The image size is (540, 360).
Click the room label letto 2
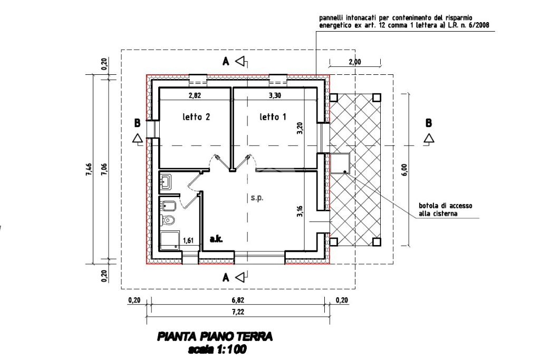click(x=197, y=118)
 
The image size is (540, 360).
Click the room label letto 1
click(x=273, y=117)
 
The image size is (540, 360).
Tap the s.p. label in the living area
click(x=257, y=198)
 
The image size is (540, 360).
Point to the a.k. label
click(x=216, y=239)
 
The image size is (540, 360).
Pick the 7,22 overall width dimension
click(x=238, y=312)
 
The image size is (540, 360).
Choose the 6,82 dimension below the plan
click(x=238, y=300)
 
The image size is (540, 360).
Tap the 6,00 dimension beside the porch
click(x=404, y=170)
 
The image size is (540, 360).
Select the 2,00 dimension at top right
click(x=355, y=62)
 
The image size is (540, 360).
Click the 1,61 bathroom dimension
click(x=188, y=241)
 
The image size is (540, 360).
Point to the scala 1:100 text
click(x=217, y=349)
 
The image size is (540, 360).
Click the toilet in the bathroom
click(x=168, y=220)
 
